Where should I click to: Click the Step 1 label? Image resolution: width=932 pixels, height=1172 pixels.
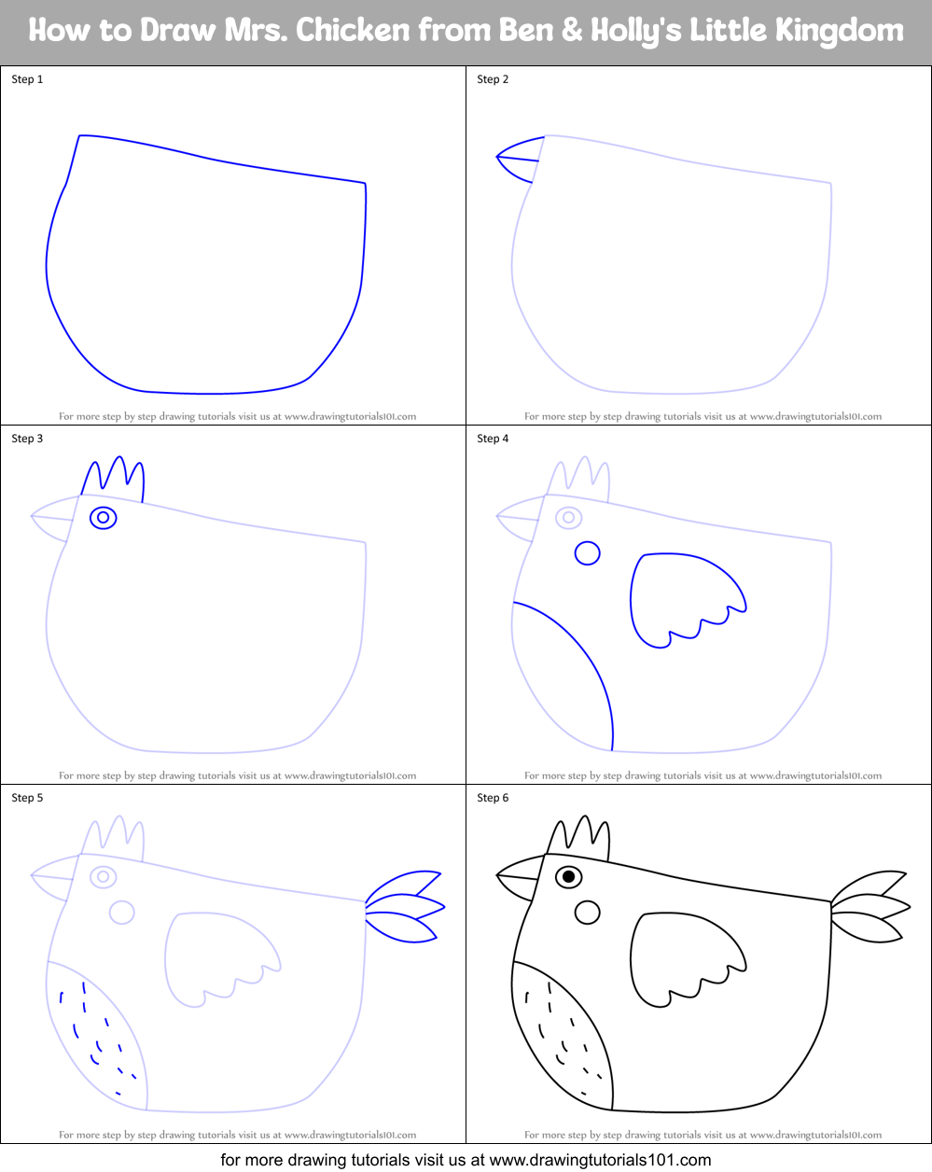27,79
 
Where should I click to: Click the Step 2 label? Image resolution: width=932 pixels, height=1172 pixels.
493,79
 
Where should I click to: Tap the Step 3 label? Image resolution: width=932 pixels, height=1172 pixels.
27,439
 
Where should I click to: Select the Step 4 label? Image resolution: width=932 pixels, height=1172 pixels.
493,439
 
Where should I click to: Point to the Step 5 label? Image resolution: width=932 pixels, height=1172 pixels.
27,798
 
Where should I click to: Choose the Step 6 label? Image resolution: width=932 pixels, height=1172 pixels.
493,798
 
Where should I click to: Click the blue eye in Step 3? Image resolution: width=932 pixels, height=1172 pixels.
104,517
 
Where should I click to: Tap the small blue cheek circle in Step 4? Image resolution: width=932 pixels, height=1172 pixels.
587,553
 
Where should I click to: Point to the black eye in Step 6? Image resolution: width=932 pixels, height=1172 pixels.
569,877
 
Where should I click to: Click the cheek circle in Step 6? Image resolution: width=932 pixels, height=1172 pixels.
587,913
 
